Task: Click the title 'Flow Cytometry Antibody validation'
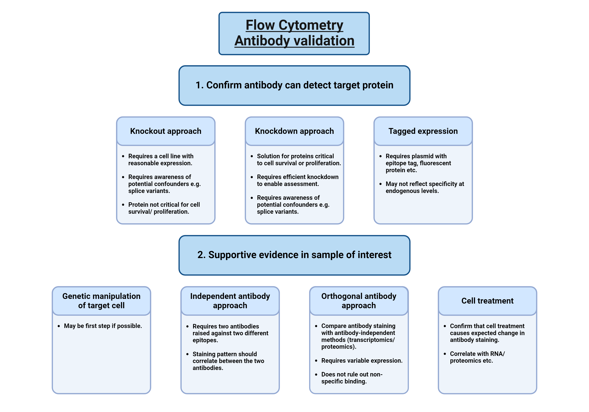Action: click(294, 33)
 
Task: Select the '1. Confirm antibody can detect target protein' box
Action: click(294, 85)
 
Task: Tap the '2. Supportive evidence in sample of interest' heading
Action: click(294, 255)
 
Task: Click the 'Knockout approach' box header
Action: click(166, 131)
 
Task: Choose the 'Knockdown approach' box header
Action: click(294, 131)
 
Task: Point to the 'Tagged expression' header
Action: click(423, 131)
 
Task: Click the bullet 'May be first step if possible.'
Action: click(103, 326)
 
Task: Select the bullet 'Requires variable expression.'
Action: click(362, 361)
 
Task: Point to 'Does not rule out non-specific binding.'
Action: click(352, 378)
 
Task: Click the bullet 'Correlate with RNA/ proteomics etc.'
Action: click(477, 357)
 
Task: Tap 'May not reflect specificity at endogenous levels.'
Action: click(425, 187)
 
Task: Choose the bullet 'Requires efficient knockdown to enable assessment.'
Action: click(298, 181)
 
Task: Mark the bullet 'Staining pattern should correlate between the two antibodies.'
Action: click(228, 361)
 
